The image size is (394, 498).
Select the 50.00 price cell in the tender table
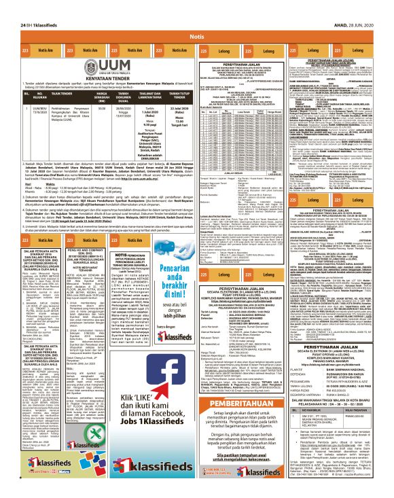102,108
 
